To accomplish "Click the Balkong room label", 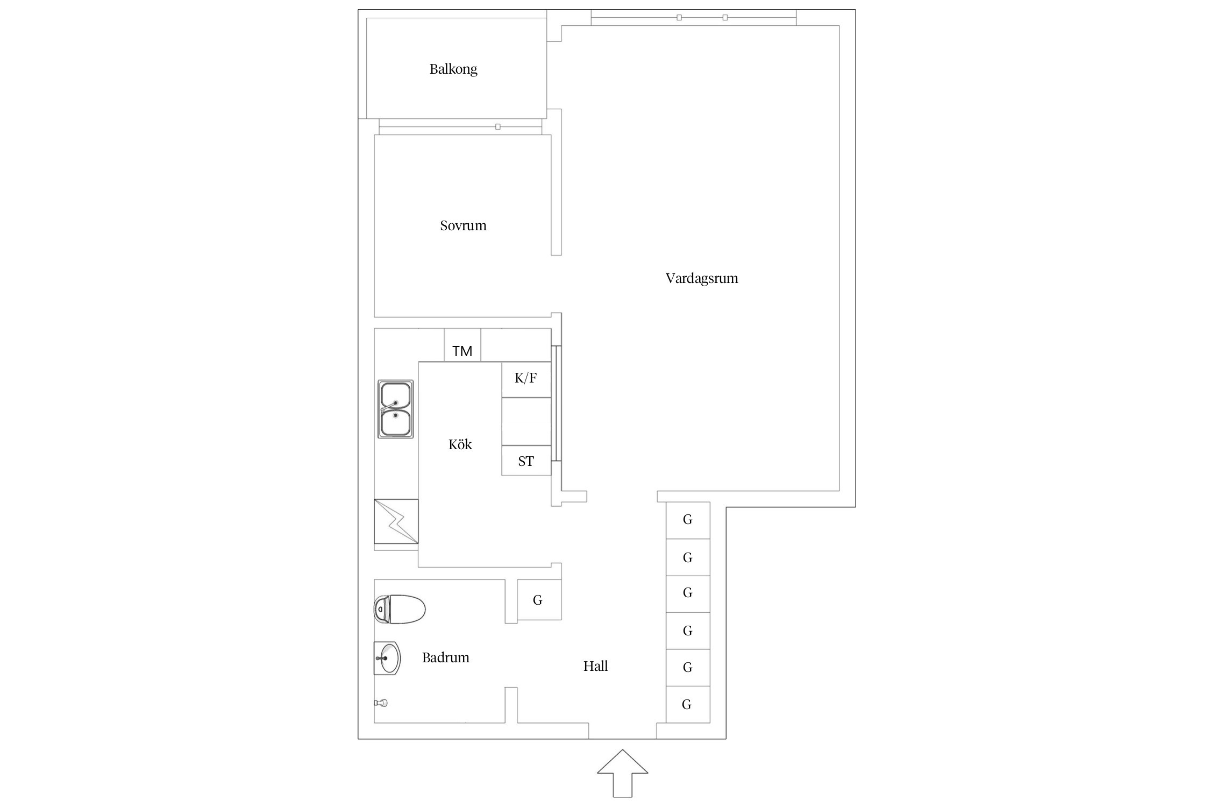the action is coord(453,69).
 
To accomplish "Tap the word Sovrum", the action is coord(463,225).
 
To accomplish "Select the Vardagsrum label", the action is coord(702,279).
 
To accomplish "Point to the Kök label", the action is coord(460,444).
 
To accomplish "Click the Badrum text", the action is coord(446,657).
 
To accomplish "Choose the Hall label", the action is coord(596,666).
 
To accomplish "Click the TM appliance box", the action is coord(462,345).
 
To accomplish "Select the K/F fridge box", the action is coord(526,379).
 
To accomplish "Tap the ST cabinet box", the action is coord(526,461).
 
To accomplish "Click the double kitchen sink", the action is coord(396,409).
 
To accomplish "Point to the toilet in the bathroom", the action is coord(400,610).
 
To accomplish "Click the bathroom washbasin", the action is coord(387,658).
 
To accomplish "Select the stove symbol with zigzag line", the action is coord(396,521).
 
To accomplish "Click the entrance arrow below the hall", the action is coord(623,773).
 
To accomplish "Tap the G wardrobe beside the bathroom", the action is coord(539,599).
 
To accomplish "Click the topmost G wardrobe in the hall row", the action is coord(688,520).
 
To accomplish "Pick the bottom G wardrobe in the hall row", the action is coord(688,704).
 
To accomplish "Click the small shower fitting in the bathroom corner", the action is coord(381,703).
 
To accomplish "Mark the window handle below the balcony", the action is coord(498,127).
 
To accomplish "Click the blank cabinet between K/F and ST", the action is coord(526,421).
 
